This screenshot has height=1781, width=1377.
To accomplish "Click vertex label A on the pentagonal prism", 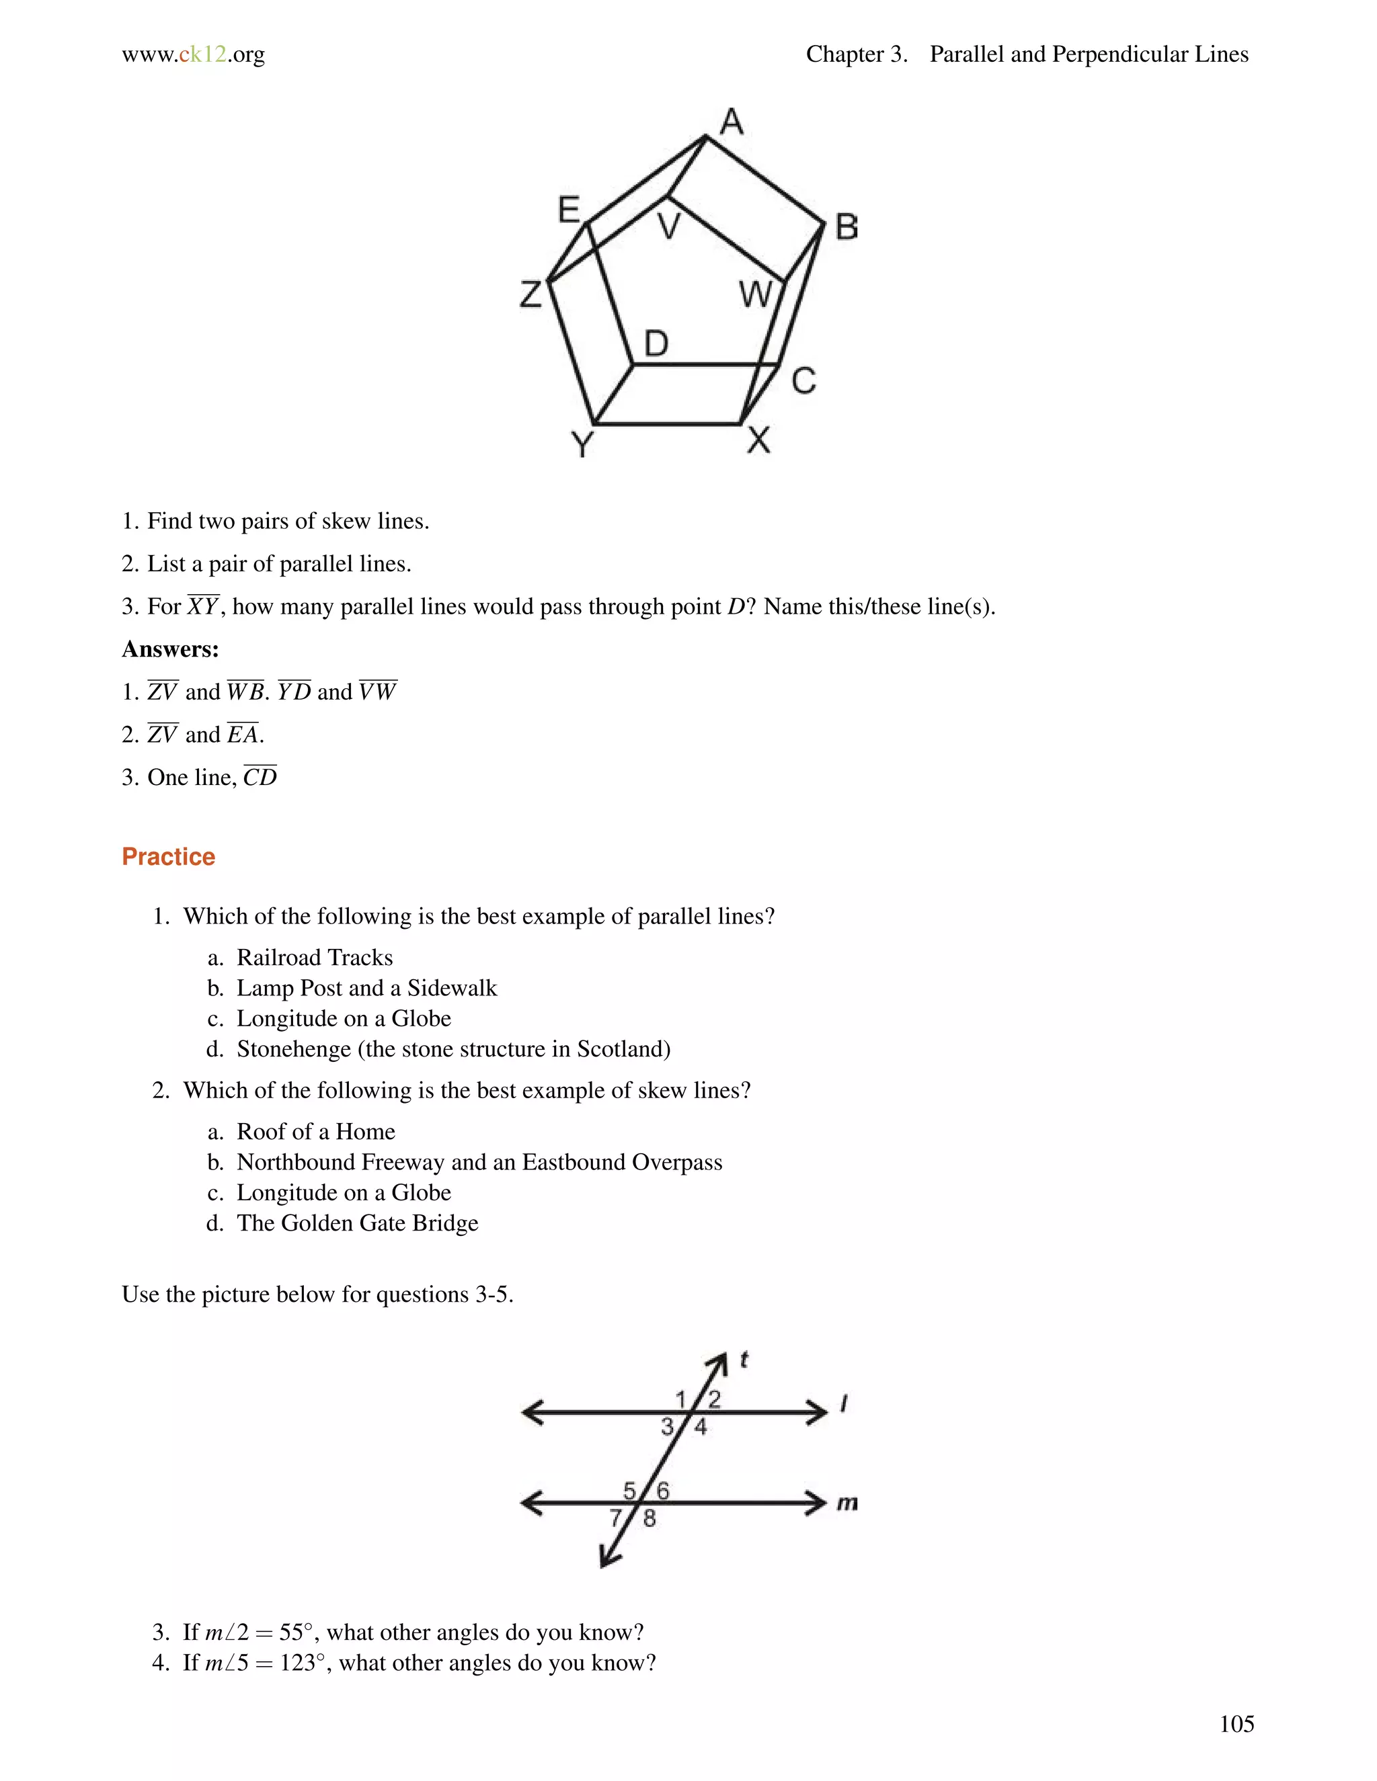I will click(x=732, y=122).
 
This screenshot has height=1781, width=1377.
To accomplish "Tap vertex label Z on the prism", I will click(x=531, y=294).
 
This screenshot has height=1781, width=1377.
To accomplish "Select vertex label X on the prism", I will click(x=758, y=440).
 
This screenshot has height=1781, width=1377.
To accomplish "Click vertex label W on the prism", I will click(x=754, y=294).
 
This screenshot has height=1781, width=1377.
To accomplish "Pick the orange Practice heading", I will click(x=168, y=857).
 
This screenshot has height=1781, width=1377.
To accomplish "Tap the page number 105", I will click(x=1236, y=1723).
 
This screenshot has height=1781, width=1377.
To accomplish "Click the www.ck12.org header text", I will click(x=194, y=54).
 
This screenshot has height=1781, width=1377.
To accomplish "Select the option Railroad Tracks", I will click(x=314, y=957).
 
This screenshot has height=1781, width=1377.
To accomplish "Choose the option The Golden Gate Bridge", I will click(x=356, y=1223).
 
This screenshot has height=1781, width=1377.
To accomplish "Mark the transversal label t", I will click(x=744, y=1360).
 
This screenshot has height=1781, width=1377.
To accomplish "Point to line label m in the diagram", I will click(x=847, y=1502).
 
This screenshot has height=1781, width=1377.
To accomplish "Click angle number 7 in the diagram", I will click(x=616, y=1518).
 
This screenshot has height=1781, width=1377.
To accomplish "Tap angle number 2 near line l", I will click(x=715, y=1399).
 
